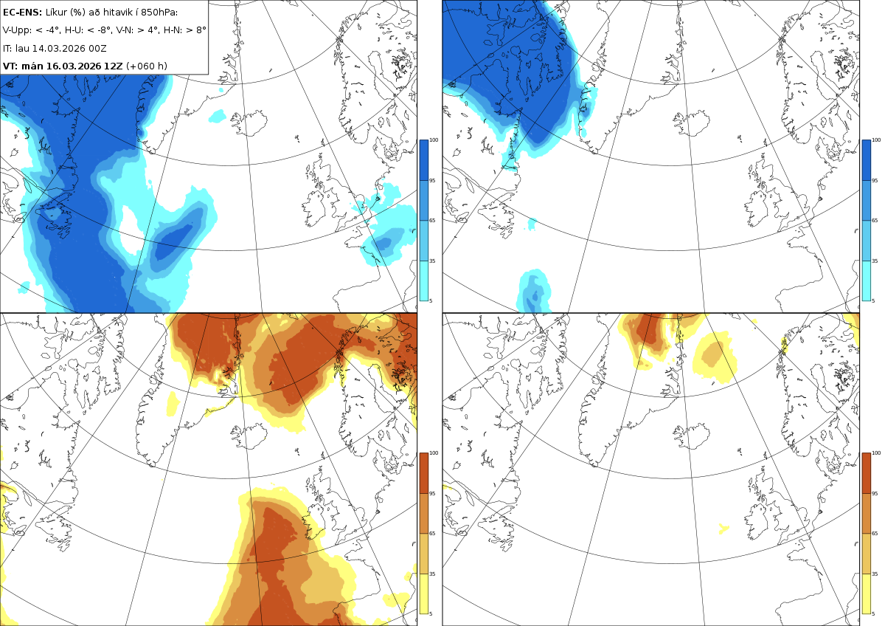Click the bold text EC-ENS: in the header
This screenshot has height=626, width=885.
click(x=22, y=13)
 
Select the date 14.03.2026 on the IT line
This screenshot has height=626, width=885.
click(x=59, y=48)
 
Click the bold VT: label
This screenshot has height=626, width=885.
click(x=10, y=66)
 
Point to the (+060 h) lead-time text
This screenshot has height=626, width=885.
click(x=147, y=66)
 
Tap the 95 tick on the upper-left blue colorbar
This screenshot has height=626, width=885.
click(x=432, y=180)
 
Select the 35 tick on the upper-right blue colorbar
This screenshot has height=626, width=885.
click(x=875, y=261)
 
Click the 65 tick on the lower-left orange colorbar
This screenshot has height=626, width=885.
click(x=432, y=533)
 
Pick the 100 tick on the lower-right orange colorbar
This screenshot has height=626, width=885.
click(x=876, y=453)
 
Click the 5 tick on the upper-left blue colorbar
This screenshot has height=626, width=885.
click(x=431, y=300)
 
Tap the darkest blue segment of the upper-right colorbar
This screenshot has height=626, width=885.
click(x=866, y=160)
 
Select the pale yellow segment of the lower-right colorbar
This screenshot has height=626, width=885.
click(x=866, y=594)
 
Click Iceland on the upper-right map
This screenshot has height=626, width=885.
click(x=693, y=124)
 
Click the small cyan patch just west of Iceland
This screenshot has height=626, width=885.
click(x=218, y=116)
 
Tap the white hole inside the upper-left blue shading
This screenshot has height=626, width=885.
click(x=131, y=230)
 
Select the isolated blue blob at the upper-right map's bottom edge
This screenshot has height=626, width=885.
click(x=533, y=292)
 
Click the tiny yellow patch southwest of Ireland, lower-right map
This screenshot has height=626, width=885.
click(x=723, y=529)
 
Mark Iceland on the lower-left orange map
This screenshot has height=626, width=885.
click(x=250, y=436)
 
